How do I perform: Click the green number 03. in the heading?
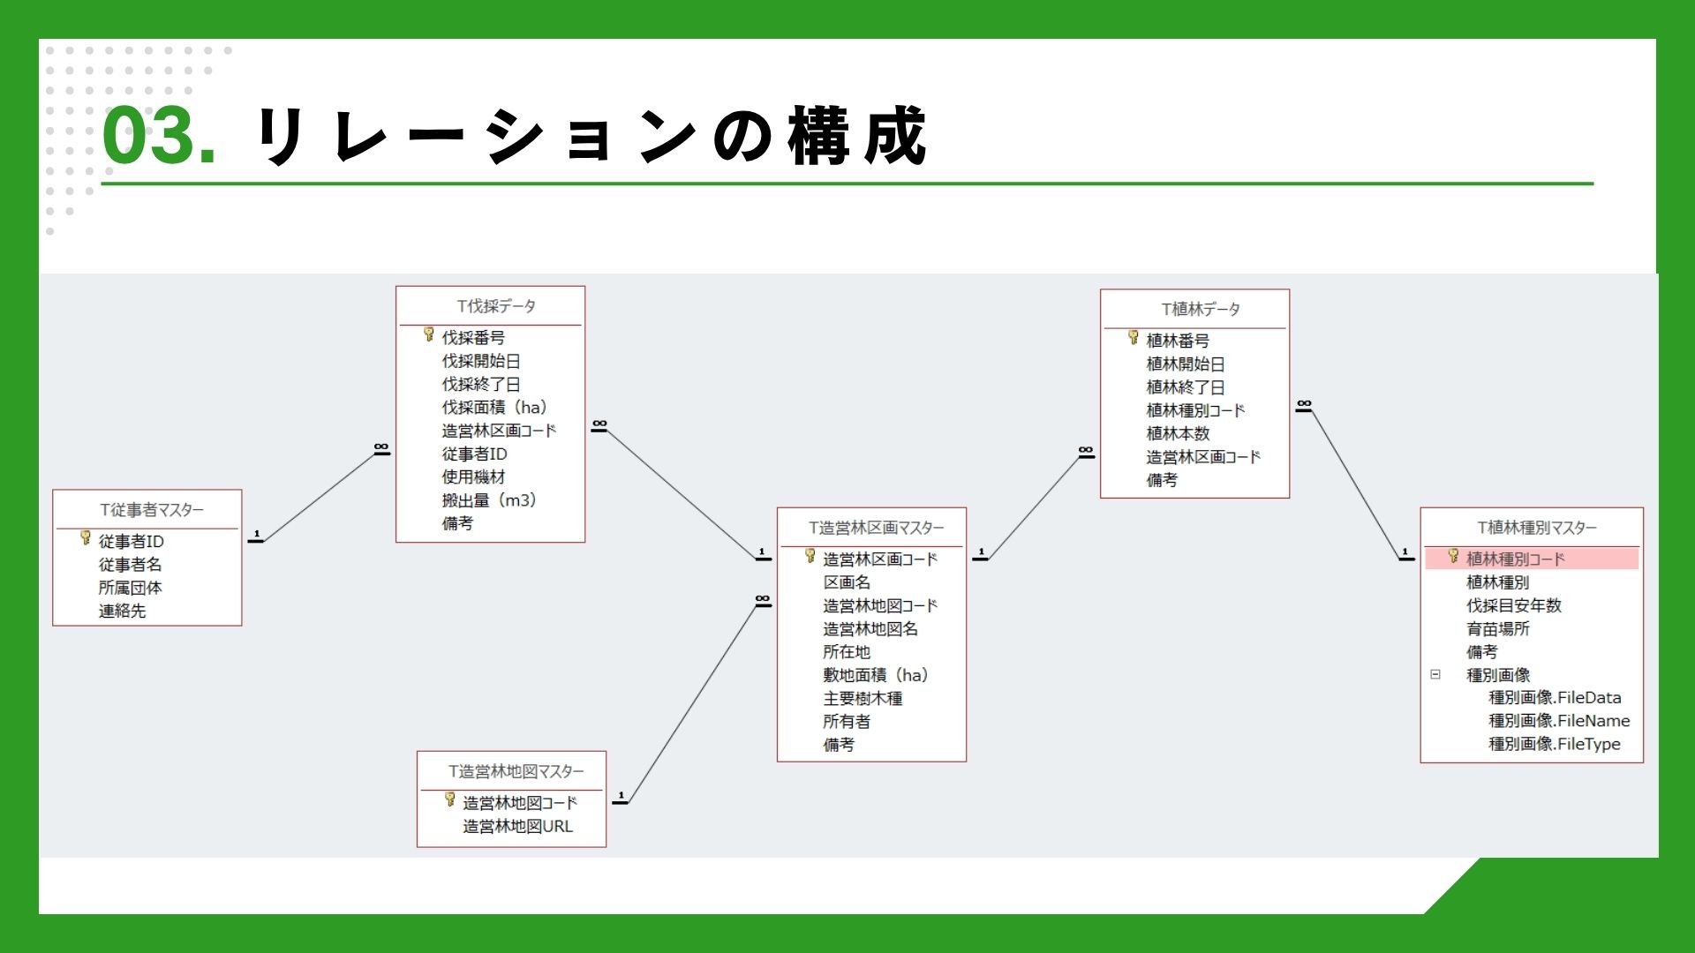tap(159, 136)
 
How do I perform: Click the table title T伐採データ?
tap(495, 306)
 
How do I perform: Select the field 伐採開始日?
tap(481, 361)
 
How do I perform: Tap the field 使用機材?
tap(473, 477)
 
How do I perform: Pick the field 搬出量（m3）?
tap(489, 500)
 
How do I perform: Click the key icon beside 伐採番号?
tap(429, 334)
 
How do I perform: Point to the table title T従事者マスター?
tap(151, 510)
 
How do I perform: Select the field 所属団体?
tap(130, 588)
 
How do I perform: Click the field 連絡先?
tap(122, 611)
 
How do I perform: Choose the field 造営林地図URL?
tap(517, 827)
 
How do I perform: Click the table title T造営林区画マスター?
tap(876, 528)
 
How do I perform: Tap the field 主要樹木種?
tap(863, 699)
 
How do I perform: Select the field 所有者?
tap(847, 722)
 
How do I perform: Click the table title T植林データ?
tap(1200, 310)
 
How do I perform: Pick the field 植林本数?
tap(1178, 434)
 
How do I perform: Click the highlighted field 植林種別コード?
tap(1515, 559)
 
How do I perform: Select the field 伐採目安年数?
tap(1513, 606)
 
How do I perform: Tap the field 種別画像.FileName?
tap(1559, 721)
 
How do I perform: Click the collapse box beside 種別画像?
tap(1435, 675)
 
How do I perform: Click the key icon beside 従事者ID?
tap(86, 537)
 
